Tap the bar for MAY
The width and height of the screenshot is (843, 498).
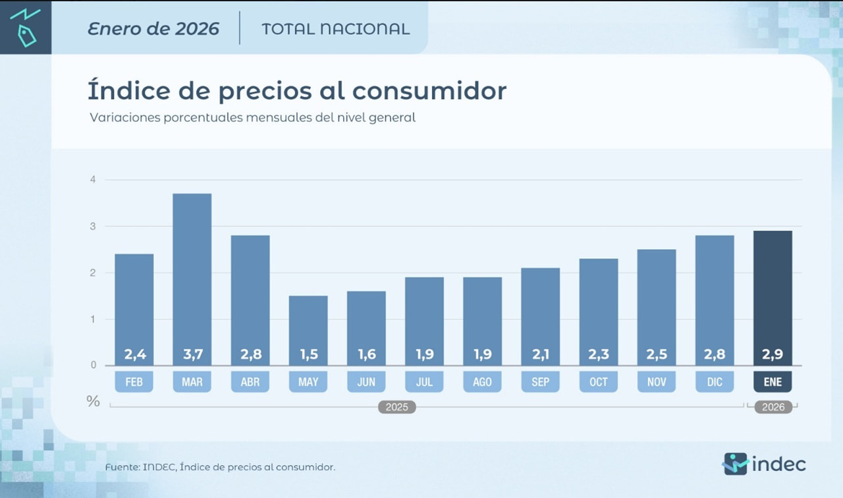308,323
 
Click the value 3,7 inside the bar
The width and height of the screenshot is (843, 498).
192,355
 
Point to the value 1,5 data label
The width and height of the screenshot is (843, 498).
308,355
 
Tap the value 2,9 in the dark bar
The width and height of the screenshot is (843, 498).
773,355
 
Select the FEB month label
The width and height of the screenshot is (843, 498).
134,382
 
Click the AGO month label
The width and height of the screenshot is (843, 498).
482,382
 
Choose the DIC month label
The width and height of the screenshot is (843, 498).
715,382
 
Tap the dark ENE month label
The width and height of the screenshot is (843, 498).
773,382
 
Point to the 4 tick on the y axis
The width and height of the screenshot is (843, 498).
93,179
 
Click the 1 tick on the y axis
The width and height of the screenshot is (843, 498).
93,319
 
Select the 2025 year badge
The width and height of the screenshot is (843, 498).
396,407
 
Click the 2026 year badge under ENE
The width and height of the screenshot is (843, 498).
773,407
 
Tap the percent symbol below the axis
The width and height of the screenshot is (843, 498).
94,401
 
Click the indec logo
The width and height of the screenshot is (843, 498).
764,464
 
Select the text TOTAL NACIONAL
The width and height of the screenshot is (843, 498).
335,29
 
